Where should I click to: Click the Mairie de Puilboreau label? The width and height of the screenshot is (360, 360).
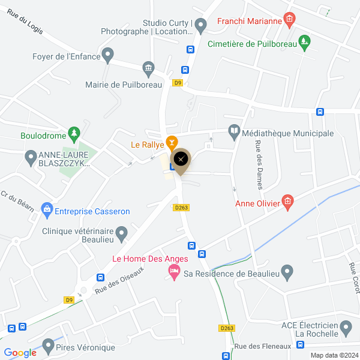(x=124, y=85)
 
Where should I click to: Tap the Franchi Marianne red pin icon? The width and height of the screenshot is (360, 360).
(x=289, y=20)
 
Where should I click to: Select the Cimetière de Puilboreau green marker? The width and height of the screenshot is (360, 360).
(x=305, y=42)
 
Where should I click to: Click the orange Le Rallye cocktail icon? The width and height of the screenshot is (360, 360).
(x=172, y=142)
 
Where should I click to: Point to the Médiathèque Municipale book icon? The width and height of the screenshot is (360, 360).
(x=233, y=130)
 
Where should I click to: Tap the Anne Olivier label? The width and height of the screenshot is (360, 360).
(x=257, y=203)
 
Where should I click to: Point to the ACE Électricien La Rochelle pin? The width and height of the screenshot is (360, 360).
(x=345, y=327)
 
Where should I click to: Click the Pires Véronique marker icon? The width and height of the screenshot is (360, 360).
(x=47, y=346)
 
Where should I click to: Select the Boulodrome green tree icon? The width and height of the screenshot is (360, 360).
(x=74, y=132)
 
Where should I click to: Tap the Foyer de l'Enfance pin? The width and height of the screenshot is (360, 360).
(x=108, y=55)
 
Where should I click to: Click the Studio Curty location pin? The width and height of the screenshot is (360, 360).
(x=201, y=24)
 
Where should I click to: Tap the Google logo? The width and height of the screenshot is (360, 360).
(x=20, y=352)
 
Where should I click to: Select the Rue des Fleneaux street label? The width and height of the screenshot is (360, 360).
(x=262, y=346)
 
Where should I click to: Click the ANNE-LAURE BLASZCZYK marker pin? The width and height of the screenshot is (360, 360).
(x=31, y=158)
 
